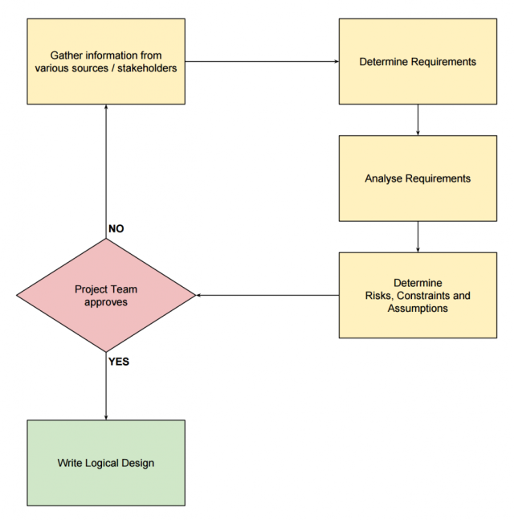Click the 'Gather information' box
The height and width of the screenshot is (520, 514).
(x=106, y=61)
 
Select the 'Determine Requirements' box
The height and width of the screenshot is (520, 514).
(x=418, y=61)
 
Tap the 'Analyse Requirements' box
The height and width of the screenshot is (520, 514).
(x=418, y=178)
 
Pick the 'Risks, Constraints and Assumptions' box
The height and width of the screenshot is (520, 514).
(x=418, y=295)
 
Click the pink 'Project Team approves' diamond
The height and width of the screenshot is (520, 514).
(x=106, y=295)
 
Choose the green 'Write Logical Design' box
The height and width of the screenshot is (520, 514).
(x=106, y=463)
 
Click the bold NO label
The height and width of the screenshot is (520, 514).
(x=116, y=229)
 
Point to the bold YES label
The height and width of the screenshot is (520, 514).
(x=118, y=362)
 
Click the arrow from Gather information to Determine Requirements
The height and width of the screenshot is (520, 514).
(x=262, y=61)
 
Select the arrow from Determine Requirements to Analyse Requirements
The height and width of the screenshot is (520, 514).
(x=418, y=120)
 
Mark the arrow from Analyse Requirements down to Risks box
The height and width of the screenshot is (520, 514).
(x=418, y=237)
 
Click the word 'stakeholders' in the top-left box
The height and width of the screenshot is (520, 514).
(x=148, y=68)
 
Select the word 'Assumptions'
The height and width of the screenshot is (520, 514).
(x=418, y=308)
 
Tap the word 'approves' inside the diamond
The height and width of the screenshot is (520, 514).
(x=106, y=302)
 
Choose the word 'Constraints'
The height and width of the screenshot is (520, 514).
(x=422, y=296)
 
